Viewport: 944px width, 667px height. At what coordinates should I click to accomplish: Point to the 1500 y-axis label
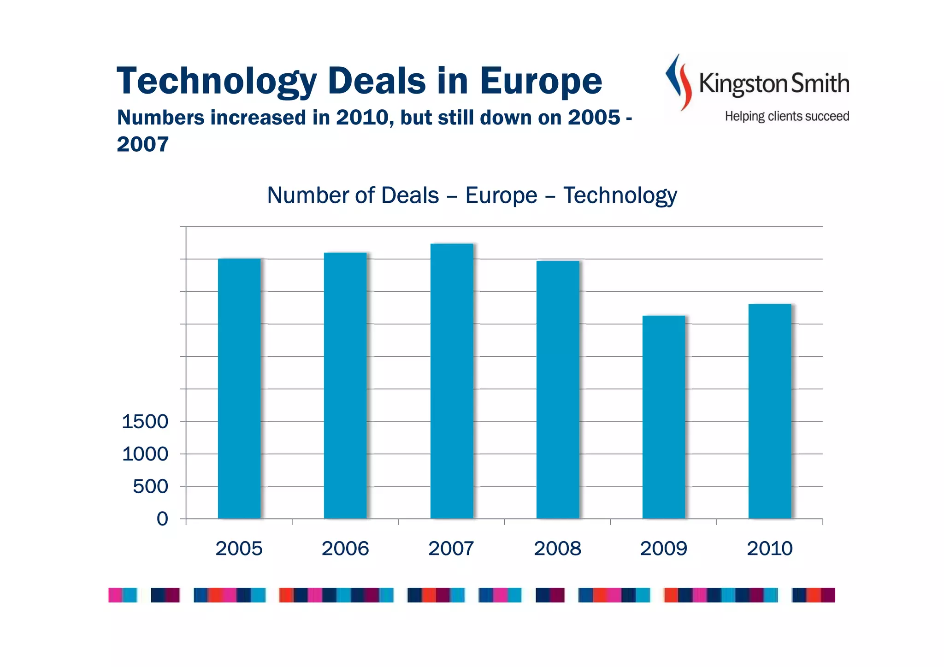(145, 421)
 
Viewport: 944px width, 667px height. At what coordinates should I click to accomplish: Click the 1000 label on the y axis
(145, 454)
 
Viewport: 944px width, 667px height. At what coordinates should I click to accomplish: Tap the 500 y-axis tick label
(150, 486)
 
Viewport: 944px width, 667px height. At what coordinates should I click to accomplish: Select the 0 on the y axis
(162, 519)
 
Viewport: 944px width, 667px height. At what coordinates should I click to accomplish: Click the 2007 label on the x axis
(451, 549)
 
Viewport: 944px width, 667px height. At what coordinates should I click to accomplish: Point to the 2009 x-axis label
(663, 549)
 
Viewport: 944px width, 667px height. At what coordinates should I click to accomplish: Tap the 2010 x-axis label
(769, 549)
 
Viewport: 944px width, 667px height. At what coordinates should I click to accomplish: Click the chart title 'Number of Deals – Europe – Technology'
(472, 195)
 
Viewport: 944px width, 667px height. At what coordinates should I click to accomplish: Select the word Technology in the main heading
(217, 81)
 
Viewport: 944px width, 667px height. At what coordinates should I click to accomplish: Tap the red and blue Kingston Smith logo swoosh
(679, 82)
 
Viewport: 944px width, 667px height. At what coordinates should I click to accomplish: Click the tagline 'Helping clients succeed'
(787, 116)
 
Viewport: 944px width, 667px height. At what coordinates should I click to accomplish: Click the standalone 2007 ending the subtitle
(142, 144)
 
